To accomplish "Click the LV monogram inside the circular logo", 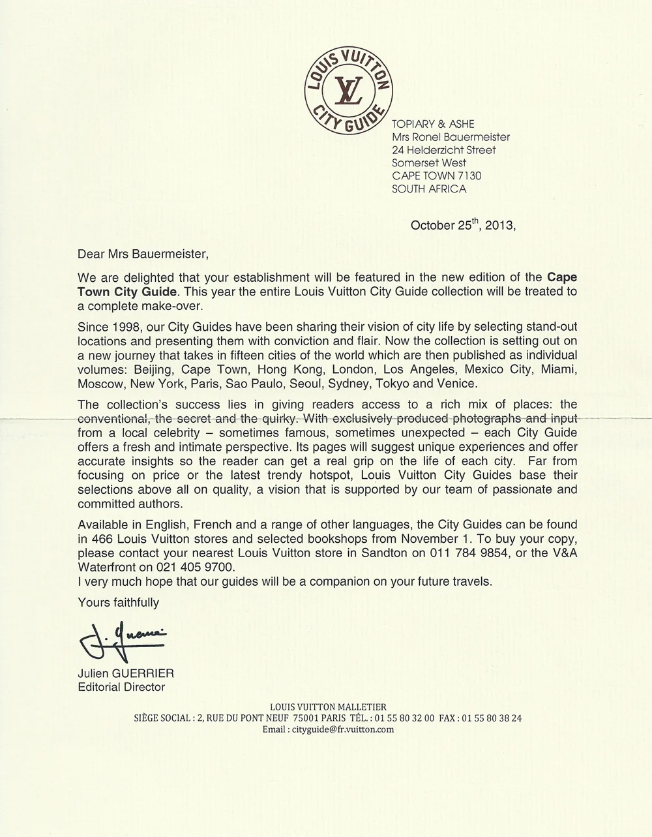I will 349,91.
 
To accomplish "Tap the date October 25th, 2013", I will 462,225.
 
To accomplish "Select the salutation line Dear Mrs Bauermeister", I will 144,252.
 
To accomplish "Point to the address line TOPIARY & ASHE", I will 433,124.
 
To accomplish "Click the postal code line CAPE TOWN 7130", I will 437,175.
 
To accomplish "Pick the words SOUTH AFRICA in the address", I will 429,189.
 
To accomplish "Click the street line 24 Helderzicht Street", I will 443,150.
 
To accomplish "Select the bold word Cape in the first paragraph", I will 561,277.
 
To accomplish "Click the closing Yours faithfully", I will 118,602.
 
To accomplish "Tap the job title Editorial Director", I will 121,687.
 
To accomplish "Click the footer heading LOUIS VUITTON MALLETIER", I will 328,707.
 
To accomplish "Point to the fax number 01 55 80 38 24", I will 492,718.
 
